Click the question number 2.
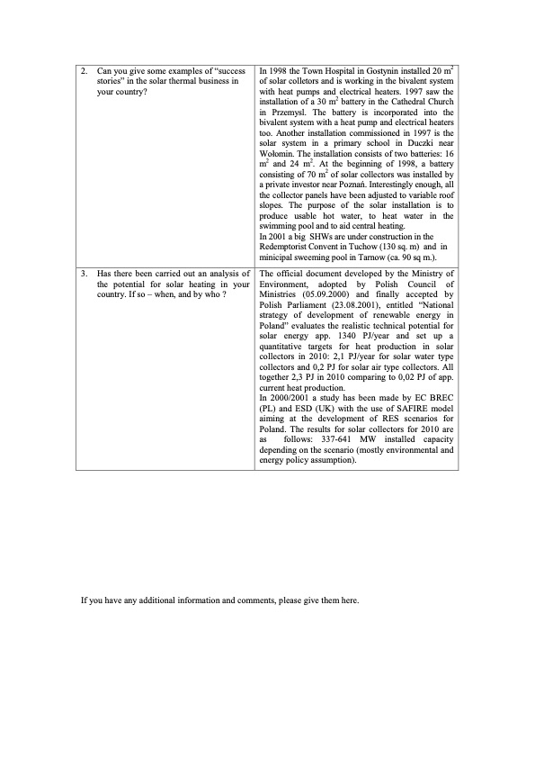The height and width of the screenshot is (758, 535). [x=83, y=69]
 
